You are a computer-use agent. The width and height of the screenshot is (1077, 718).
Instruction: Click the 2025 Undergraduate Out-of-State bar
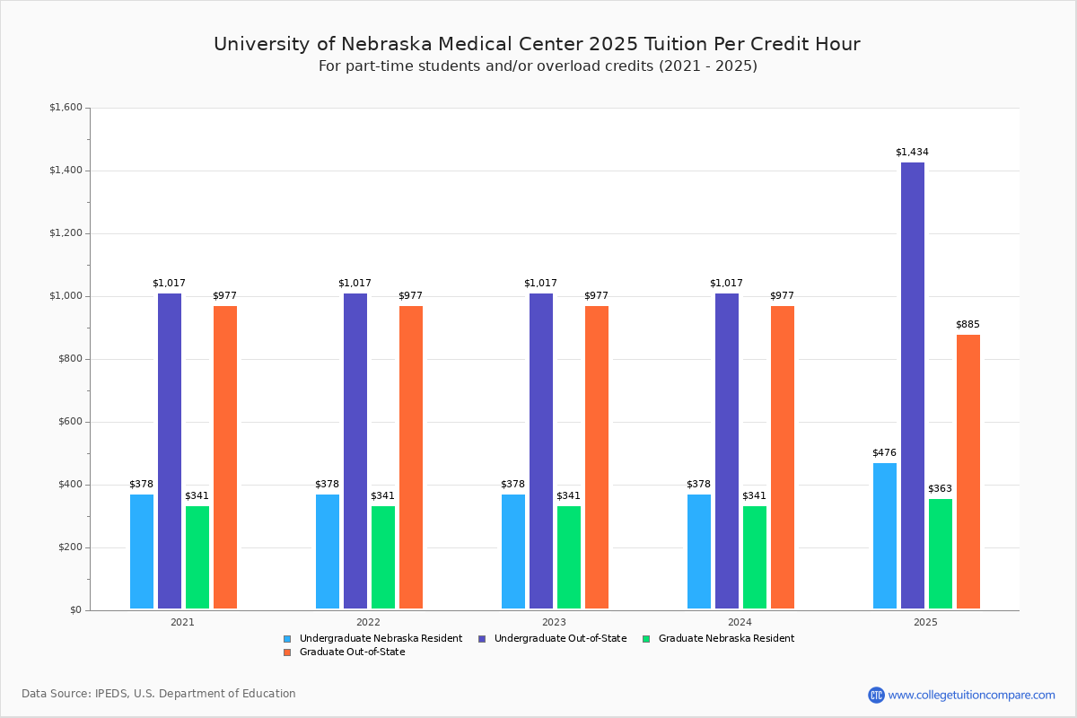click(x=913, y=386)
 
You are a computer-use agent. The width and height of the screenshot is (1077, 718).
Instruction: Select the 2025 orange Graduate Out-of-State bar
click(x=968, y=472)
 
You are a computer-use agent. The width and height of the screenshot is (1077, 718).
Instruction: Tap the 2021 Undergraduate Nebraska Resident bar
click(x=142, y=551)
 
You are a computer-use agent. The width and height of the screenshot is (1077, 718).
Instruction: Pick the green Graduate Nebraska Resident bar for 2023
click(x=569, y=557)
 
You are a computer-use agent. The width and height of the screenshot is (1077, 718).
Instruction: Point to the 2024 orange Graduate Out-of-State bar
click(x=783, y=458)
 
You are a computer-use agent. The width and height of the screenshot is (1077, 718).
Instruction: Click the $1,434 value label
click(x=912, y=152)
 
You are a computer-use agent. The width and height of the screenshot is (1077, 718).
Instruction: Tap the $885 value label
click(x=968, y=324)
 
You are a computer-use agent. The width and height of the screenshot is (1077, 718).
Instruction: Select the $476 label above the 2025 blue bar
click(x=884, y=452)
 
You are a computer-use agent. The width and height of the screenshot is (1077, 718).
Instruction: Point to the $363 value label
click(x=940, y=488)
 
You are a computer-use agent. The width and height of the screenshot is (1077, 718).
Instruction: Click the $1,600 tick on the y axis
click(x=66, y=108)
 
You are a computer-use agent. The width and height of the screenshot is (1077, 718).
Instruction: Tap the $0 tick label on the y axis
click(x=75, y=610)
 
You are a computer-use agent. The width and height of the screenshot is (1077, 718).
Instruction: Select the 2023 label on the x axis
click(x=554, y=621)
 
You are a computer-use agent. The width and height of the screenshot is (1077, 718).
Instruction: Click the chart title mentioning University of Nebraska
click(x=537, y=44)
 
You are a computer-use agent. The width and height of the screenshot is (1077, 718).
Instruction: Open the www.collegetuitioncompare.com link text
click(x=971, y=695)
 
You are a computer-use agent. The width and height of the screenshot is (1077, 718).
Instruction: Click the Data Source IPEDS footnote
click(x=159, y=694)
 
